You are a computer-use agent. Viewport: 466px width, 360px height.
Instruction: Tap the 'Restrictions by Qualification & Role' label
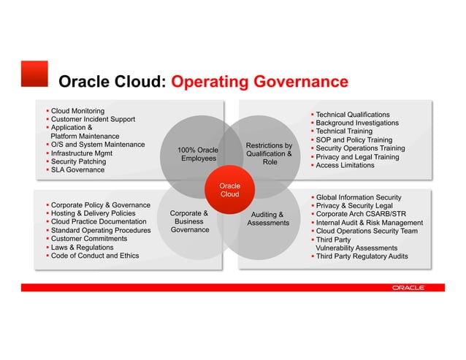click(x=270, y=154)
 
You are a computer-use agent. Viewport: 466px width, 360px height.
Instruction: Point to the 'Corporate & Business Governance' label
click(x=189, y=222)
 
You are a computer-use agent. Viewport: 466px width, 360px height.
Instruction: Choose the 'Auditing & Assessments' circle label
click(x=268, y=218)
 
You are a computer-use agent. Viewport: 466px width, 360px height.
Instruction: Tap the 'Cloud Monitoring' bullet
click(x=77, y=110)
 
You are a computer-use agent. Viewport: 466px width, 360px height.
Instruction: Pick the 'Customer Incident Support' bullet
click(x=93, y=119)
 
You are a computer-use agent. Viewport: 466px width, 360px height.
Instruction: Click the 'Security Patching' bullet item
click(x=78, y=161)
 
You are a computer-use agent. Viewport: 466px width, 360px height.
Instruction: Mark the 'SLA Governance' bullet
click(x=77, y=170)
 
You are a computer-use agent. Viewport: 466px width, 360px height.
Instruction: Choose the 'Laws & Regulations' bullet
click(x=82, y=248)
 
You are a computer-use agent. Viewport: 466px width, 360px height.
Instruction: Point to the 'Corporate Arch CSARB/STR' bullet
click(x=357, y=214)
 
